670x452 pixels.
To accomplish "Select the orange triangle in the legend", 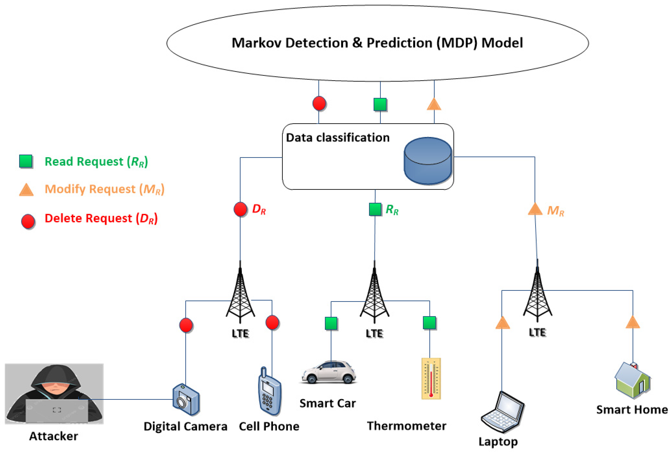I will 26,190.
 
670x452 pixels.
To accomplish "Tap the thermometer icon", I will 431,378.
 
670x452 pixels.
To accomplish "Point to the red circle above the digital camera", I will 186,325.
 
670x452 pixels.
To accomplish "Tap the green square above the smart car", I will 331,323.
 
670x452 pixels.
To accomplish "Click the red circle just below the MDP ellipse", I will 319,103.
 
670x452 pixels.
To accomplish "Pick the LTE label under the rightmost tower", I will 537,332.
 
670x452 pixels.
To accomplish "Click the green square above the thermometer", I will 429,323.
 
